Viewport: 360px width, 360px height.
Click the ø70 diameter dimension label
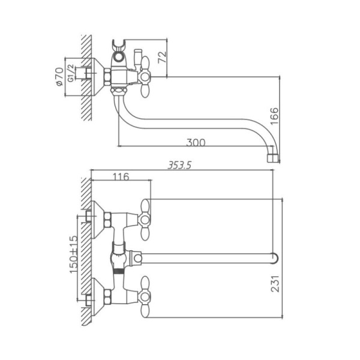(x=59, y=76)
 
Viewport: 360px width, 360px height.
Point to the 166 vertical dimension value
(x=274, y=115)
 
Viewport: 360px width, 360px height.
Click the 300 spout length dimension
(x=196, y=143)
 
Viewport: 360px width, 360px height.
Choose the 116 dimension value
(x=121, y=176)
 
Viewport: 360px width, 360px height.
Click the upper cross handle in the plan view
(x=146, y=215)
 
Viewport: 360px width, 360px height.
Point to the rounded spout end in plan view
(x=274, y=259)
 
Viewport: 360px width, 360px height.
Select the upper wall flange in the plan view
(x=96, y=217)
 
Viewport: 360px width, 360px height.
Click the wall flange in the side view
(x=96, y=76)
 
